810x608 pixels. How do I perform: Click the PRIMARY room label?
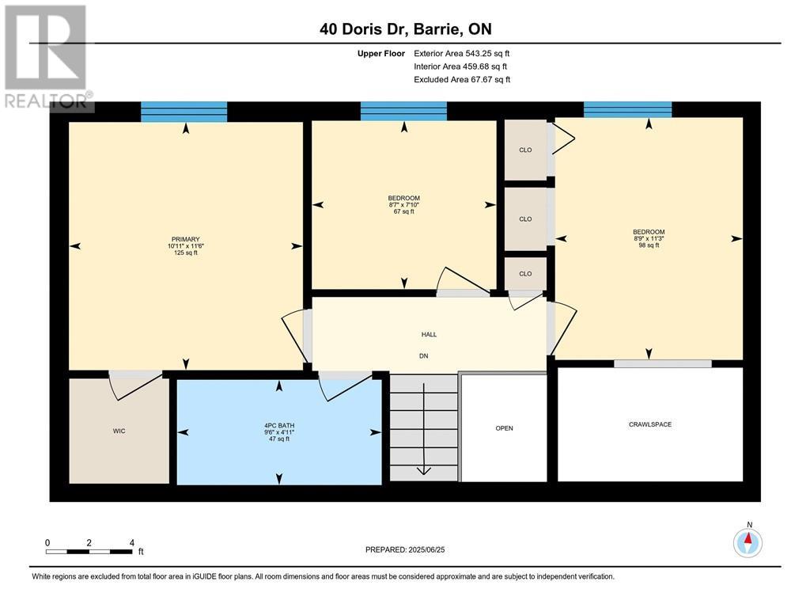pos(185,239)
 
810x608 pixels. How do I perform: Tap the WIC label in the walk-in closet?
pos(119,431)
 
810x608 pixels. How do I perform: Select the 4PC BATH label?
pos(278,425)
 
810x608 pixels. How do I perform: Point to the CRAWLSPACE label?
pos(649,424)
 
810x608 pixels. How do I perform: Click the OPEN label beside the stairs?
pos(504,428)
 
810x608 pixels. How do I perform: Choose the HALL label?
pos(429,334)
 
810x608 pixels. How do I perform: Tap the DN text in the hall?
pos(423,356)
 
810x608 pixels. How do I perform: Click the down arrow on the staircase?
pos(423,469)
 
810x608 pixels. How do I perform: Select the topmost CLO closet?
pos(525,150)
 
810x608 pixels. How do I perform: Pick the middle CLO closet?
pos(525,219)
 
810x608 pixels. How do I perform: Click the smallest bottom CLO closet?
pos(525,274)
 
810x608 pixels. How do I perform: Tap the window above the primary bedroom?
pos(184,112)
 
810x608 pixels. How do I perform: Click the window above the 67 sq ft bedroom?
pos(403,111)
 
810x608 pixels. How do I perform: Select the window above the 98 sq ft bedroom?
pos(627,109)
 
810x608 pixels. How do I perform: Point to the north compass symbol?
pos(747,541)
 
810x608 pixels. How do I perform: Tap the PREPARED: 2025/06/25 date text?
pos(410,549)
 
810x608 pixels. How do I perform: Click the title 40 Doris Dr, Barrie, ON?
pos(405,29)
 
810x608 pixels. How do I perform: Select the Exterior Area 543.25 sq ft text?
pos(462,53)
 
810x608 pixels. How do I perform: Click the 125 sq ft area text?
pos(185,253)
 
